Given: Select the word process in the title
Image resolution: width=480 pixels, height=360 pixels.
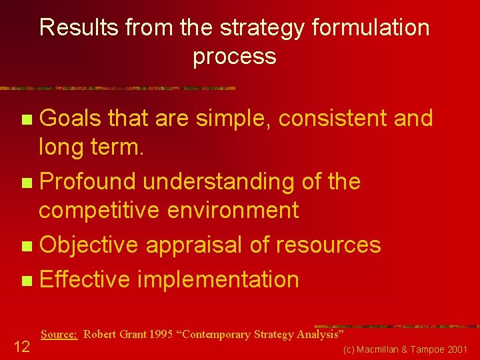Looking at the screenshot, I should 235,57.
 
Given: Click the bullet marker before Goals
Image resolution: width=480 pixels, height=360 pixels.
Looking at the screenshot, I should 26,120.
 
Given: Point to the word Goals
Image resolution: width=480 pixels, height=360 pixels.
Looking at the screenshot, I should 70,119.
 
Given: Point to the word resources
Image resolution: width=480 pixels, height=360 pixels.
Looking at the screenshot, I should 326,245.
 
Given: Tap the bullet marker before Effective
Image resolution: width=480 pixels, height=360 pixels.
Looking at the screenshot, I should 26,281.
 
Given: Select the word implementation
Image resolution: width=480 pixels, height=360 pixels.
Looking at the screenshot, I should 218,279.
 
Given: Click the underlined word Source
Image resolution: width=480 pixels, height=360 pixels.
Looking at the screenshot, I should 59,334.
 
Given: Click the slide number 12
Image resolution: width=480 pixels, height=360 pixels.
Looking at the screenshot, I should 21,345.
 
